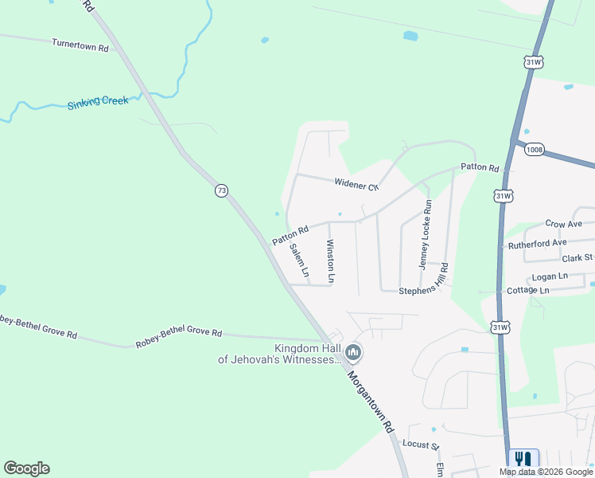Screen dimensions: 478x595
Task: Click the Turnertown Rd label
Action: click(x=80, y=47)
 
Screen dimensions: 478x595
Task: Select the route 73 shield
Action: click(x=221, y=190)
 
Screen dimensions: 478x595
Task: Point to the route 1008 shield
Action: click(x=535, y=150)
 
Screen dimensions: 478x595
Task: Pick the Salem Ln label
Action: click(x=298, y=259)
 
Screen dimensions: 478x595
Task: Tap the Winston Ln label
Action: click(x=329, y=262)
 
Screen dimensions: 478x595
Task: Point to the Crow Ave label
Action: click(x=564, y=225)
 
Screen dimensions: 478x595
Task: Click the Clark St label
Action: click(x=577, y=257)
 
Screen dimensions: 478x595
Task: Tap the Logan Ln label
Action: click(x=550, y=276)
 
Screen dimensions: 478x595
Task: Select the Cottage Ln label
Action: click(x=528, y=291)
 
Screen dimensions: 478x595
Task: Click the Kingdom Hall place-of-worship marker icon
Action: click(x=354, y=351)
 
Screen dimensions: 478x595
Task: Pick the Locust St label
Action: click(x=421, y=443)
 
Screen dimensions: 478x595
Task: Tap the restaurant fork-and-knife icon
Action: click(x=523, y=459)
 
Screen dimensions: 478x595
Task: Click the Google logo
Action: click(x=26, y=468)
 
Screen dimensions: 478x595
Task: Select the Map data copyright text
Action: click(x=546, y=472)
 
